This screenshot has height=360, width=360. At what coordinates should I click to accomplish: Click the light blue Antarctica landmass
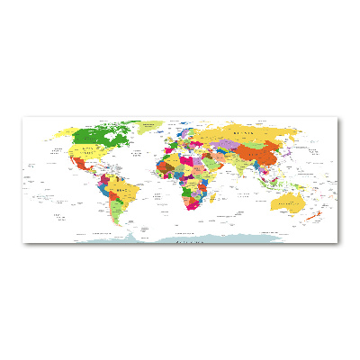(180, 237)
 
